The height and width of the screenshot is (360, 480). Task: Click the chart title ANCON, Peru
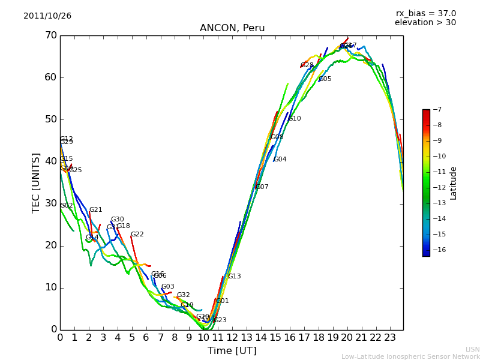(x=232, y=28)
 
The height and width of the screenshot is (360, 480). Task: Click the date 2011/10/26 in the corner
(x=47, y=16)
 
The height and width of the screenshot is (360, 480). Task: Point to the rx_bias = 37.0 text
(x=425, y=13)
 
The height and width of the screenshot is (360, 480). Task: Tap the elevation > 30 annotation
(x=425, y=23)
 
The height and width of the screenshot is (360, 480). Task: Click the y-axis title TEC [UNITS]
(x=36, y=182)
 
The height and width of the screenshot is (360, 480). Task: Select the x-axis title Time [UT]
(x=232, y=351)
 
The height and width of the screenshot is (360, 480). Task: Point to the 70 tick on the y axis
(x=51, y=35)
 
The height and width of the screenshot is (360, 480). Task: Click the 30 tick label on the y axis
(x=51, y=203)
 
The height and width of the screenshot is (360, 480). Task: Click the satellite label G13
(x=234, y=277)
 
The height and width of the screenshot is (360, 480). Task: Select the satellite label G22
(x=137, y=235)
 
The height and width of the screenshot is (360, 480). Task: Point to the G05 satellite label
(x=325, y=79)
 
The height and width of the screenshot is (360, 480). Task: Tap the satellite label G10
(x=295, y=119)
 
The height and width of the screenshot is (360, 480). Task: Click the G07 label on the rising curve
(x=262, y=187)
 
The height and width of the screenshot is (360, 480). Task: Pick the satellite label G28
(x=307, y=65)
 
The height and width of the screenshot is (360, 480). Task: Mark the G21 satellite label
(x=96, y=210)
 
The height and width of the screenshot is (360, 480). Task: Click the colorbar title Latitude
(x=454, y=183)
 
